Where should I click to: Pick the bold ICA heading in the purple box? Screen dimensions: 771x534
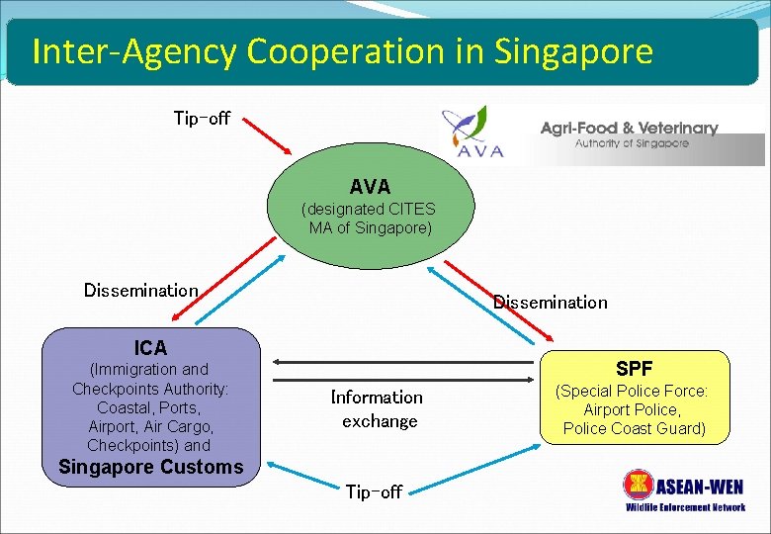click(150, 347)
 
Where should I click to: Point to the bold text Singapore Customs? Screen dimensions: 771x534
click(150, 467)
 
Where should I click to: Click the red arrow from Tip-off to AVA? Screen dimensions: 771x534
click(267, 135)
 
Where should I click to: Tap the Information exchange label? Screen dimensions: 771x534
click(378, 408)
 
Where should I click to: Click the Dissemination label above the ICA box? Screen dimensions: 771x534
click(140, 290)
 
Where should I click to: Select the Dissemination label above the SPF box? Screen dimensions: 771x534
click(551, 302)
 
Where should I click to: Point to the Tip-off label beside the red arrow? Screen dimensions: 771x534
click(202, 119)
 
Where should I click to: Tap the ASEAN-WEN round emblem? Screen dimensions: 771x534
click(639, 486)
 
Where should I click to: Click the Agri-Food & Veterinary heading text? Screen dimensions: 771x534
click(629, 128)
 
